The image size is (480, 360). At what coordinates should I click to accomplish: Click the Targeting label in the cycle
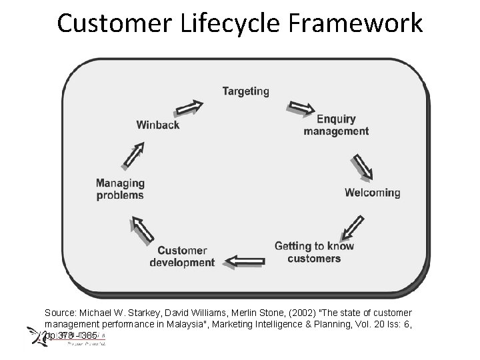(x=245, y=91)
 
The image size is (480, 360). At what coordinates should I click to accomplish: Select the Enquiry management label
(x=336, y=125)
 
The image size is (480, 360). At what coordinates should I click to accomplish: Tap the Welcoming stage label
(x=372, y=193)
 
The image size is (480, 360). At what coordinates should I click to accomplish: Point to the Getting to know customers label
(x=314, y=252)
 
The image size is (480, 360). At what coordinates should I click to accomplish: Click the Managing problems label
(x=120, y=189)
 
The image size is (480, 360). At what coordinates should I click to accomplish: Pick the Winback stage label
(x=158, y=125)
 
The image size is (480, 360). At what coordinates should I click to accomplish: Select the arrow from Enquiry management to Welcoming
(x=362, y=167)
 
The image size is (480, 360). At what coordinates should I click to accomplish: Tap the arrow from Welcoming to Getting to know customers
(x=352, y=227)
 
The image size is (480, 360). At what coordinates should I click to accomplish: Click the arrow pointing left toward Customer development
(x=245, y=260)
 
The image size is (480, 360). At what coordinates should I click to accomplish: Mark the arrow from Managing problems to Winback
(x=133, y=157)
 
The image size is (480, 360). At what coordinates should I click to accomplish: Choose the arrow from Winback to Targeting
(x=189, y=107)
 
